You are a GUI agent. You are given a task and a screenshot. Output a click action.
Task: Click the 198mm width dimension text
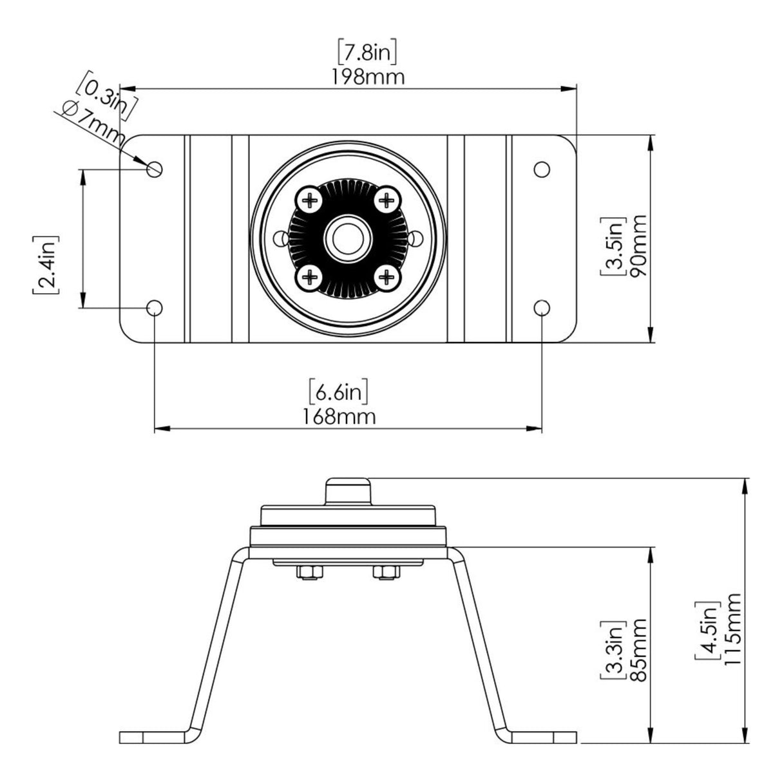pyautogui.click(x=368, y=77)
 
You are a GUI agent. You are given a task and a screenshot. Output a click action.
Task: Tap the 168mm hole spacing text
pyautogui.click(x=339, y=416)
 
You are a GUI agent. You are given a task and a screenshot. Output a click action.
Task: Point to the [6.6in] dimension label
pyautogui.click(x=339, y=391)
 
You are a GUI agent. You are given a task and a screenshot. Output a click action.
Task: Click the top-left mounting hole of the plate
pyautogui.click(x=155, y=169)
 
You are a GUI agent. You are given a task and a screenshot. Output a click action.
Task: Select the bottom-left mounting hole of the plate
pyautogui.click(x=155, y=307)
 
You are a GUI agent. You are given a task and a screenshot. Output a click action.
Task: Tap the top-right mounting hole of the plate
pyautogui.click(x=542, y=169)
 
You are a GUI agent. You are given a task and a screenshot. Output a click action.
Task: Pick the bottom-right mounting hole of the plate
pyautogui.click(x=542, y=307)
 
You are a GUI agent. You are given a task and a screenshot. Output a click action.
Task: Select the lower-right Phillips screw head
pyautogui.click(x=386, y=277)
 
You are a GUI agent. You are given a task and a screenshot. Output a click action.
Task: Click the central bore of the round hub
pyautogui.click(x=348, y=239)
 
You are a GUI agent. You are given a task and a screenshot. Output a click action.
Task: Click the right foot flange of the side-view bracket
pyautogui.click(x=544, y=736)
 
